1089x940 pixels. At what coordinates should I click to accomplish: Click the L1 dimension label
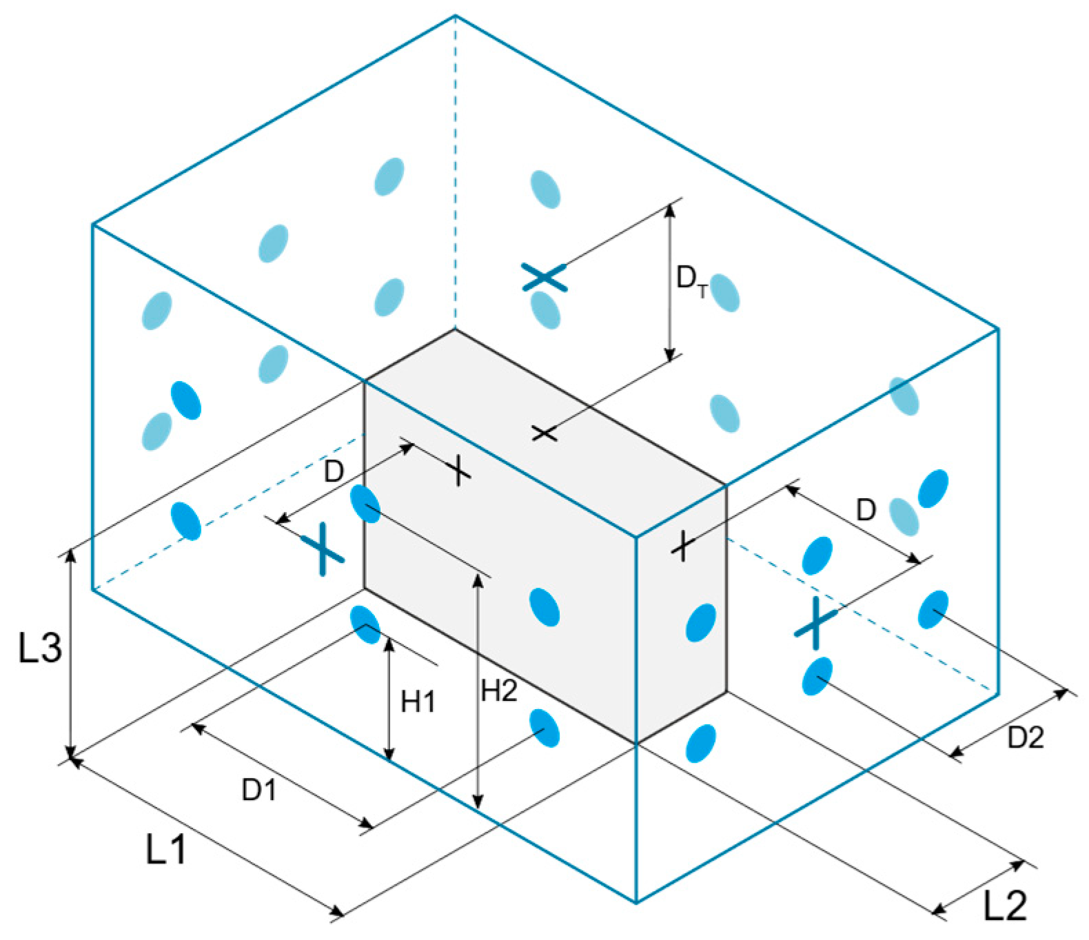[166, 848]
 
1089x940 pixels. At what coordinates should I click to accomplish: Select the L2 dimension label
[1004, 905]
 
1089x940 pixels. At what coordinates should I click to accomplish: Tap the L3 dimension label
[40, 647]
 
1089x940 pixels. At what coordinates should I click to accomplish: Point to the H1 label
[418, 702]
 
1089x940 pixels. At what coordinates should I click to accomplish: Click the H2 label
[499, 690]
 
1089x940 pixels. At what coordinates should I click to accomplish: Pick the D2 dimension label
[1026, 737]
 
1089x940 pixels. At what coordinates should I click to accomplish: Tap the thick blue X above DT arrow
[544, 277]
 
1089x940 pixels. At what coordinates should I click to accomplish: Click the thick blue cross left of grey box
[322, 549]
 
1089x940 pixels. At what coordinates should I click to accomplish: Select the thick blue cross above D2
[816, 622]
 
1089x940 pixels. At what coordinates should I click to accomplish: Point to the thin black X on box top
[544, 433]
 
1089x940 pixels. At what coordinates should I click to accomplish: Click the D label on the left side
[334, 471]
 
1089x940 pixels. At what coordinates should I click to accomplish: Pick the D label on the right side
[866, 510]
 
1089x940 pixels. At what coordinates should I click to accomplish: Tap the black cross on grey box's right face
[682, 546]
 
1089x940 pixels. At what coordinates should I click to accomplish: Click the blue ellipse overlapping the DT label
[725, 293]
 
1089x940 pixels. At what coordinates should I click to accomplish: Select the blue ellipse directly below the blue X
[546, 309]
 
